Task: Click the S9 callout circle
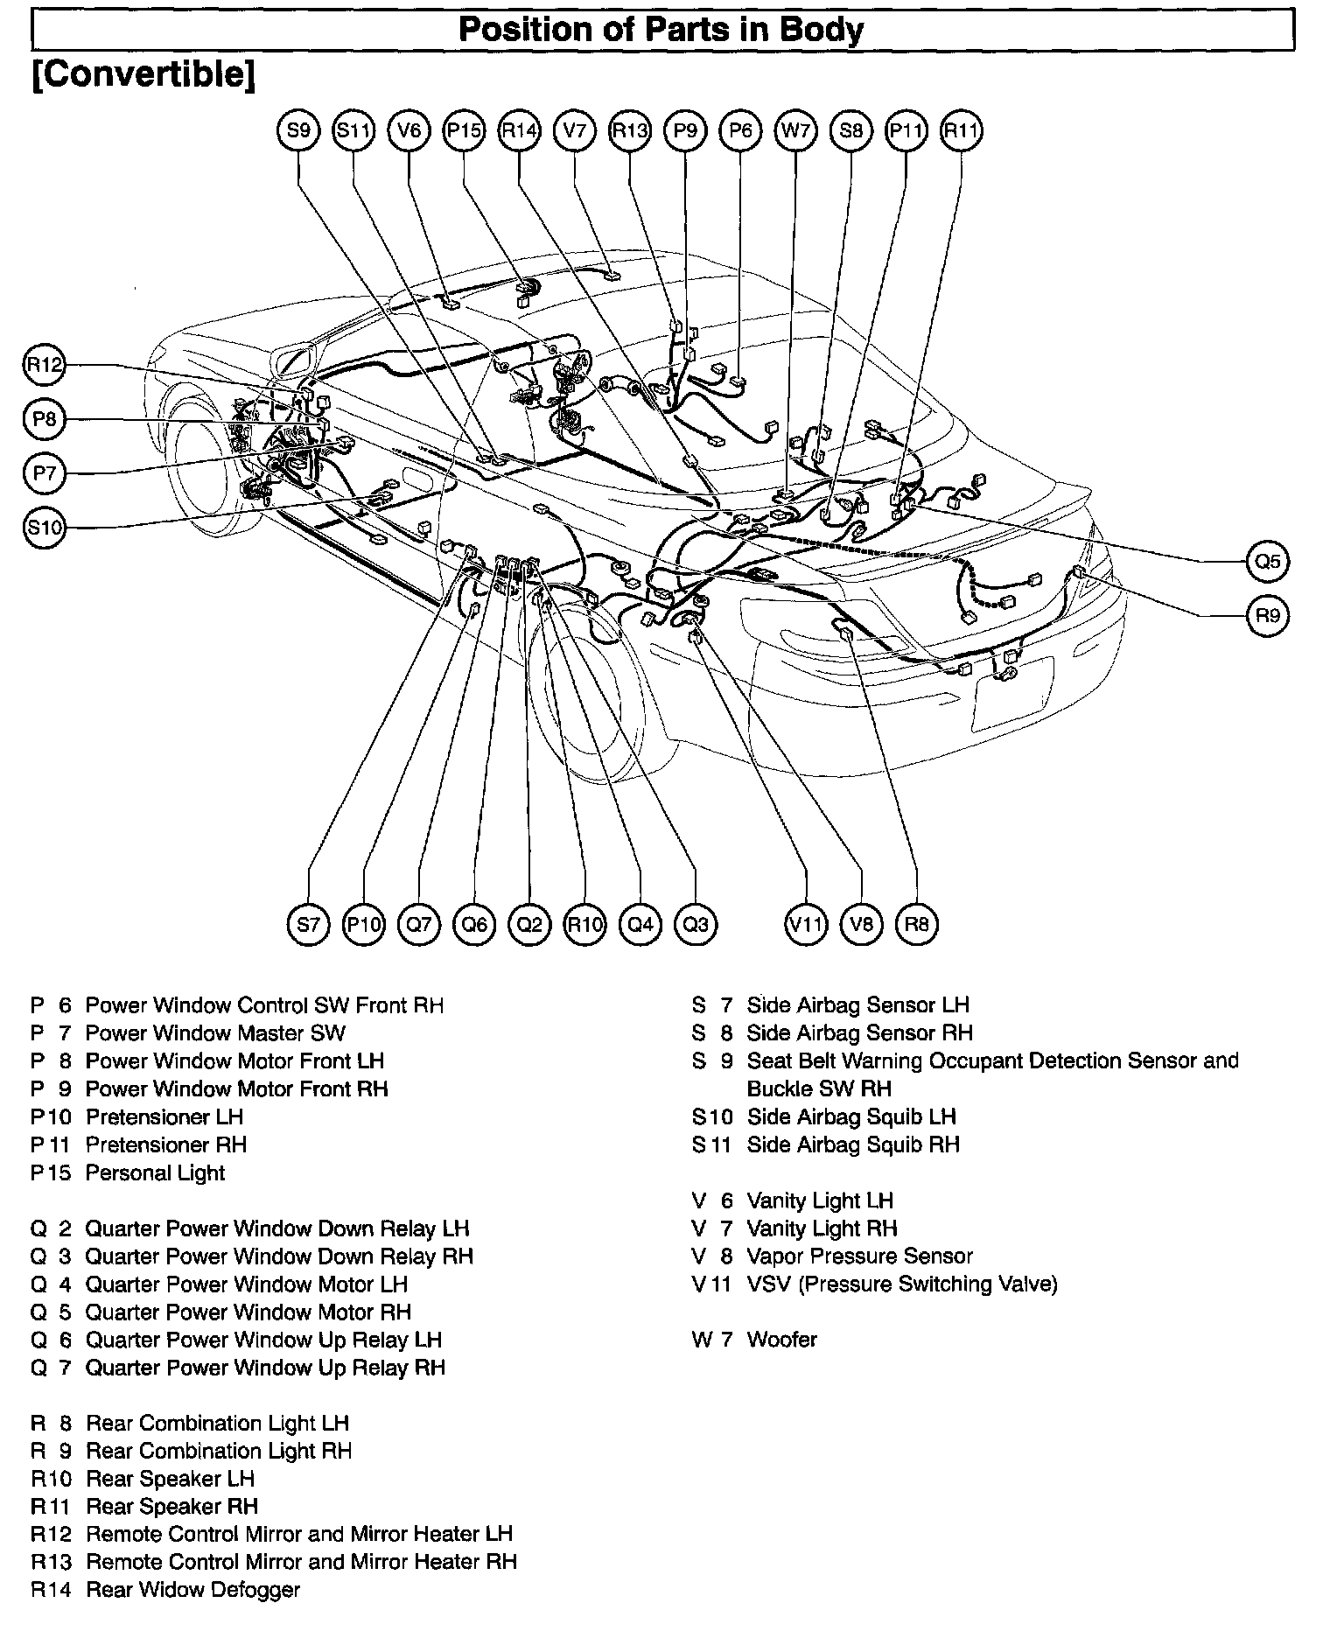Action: click(x=299, y=131)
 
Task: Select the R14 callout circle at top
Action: click(x=519, y=131)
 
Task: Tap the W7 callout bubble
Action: click(x=794, y=131)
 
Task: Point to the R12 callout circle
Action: click(x=44, y=365)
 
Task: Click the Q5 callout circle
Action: click(x=1267, y=561)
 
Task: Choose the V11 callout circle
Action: click(x=806, y=924)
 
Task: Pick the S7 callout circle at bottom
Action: click(x=308, y=924)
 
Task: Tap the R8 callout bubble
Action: click(x=916, y=924)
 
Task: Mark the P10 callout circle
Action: click(x=363, y=924)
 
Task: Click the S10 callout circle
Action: click(x=44, y=528)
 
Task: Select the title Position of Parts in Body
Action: click(x=661, y=31)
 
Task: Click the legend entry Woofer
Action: click(x=781, y=1340)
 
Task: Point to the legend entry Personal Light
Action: click(x=155, y=1172)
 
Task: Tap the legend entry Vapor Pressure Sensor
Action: click(x=859, y=1256)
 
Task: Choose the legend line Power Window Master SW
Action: click(x=214, y=1033)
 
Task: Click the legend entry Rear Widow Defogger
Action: click(x=192, y=1590)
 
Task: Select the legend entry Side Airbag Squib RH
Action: click(x=852, y=1144)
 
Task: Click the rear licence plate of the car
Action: click(x=1012, y=691)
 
